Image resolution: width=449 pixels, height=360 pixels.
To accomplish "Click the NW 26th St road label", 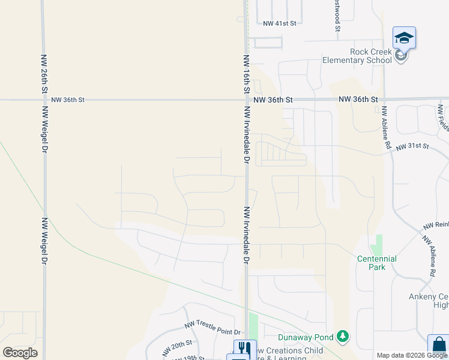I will click(44, 74).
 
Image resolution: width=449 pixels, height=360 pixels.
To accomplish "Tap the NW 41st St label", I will click(280, 23).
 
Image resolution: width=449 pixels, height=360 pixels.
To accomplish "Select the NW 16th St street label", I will click(246, 74).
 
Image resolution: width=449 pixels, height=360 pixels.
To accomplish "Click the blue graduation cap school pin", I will click(404, 38).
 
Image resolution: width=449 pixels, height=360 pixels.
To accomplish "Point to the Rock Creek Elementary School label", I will click(357, 56).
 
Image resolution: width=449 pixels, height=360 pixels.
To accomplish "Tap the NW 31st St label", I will click(418, 146).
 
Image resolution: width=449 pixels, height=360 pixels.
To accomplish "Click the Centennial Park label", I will click(376, 263).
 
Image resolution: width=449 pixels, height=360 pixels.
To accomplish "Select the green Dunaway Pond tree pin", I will click(343, 337).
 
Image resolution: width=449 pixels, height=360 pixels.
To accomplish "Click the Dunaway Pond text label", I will click(306, 337).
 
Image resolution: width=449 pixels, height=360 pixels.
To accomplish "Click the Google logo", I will click(20, 352).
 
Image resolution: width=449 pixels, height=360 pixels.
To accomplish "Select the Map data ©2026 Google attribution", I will click(412, 355).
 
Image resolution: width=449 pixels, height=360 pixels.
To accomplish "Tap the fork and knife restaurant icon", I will click(244, 349).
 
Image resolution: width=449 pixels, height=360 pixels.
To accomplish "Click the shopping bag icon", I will click(439, 346).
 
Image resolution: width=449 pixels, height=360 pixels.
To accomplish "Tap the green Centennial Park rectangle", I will click(376, 244).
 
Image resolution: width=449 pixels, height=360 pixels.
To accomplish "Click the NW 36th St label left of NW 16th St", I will click(68, 100).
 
